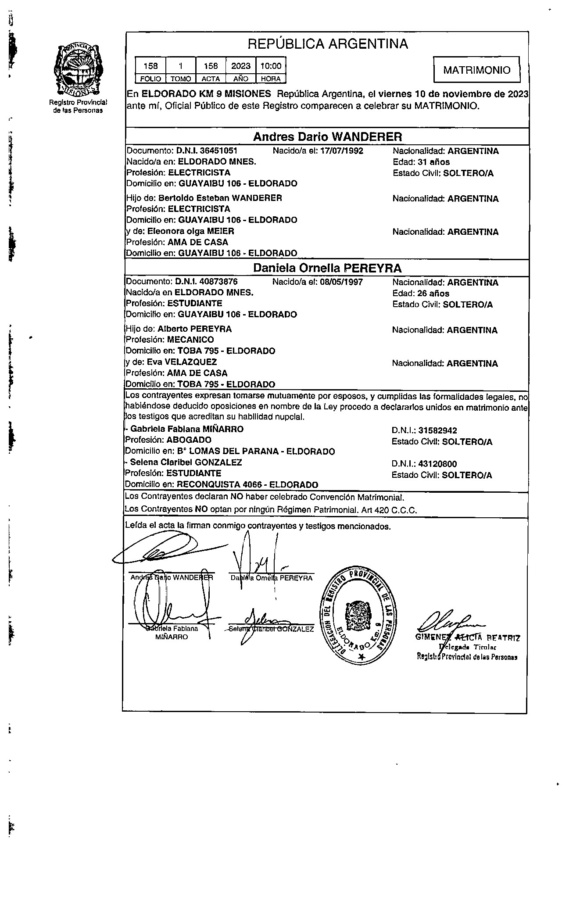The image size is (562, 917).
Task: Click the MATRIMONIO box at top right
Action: tap(476, 70)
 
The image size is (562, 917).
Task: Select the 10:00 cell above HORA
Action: tap(271, 66)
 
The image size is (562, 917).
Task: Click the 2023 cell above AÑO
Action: tap(240, 66)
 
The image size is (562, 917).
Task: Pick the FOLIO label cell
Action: tap(150, 79)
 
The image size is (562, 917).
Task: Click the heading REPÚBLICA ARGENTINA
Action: tap(327, 44)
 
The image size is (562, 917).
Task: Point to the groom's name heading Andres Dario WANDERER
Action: tap(327, 137)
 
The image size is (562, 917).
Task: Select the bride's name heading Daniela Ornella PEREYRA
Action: tap(327, 268)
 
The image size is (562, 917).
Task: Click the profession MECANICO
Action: tap(190, 340)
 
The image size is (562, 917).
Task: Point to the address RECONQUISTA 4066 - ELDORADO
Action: tap(247, 485)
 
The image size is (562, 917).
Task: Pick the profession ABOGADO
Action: tap(190, 440)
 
